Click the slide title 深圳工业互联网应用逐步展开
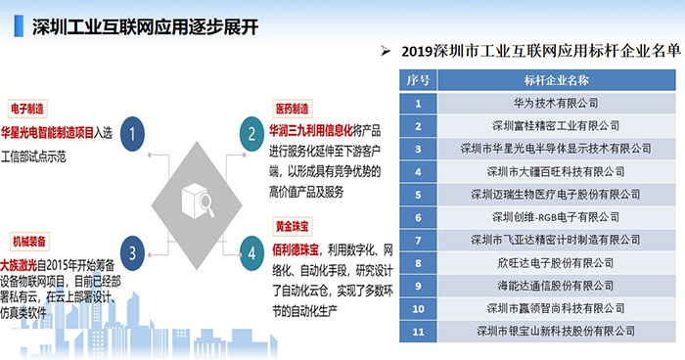click(x=145, y=25)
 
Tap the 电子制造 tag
click(x=29, y=108)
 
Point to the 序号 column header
click(x=418, y=79)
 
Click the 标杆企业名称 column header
click(x=556, y=79)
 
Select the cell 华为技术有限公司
click(x=556, y=102)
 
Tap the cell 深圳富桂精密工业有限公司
click(x=556, y=125)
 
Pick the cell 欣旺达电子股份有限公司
click(x=556, y=263)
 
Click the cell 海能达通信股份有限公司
click(x=556, y=286)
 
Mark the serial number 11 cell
click(x=418, y=332)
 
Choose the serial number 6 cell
click(x=418, y=216)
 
